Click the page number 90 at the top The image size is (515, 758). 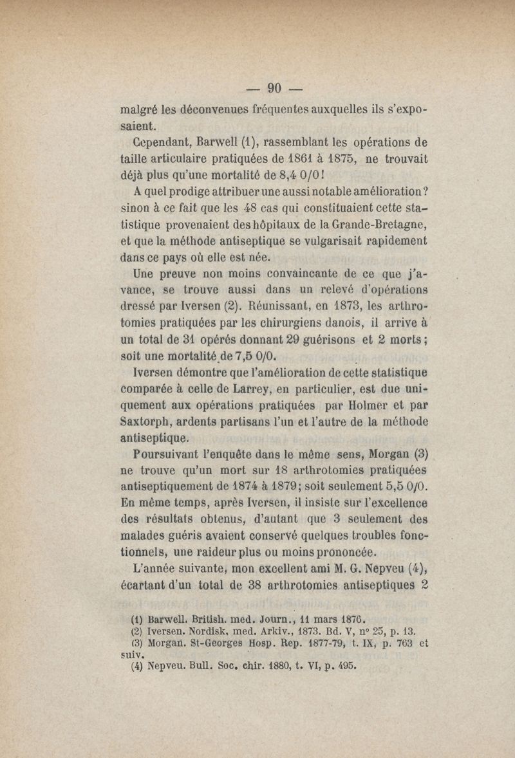(x=276, y=88)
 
